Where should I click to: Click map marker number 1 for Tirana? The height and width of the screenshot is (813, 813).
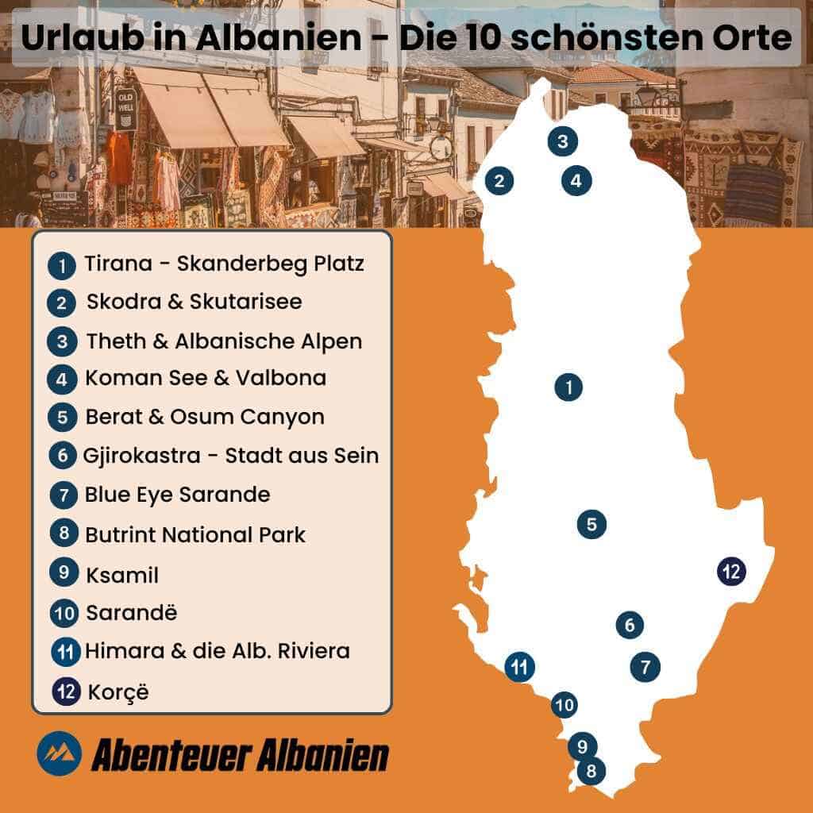tap(568, 387)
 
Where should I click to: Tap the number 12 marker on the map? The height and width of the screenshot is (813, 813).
tap(731, 571)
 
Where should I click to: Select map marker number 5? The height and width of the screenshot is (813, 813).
tap(591, 524)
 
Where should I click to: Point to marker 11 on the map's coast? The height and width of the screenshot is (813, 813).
tap(519, 666)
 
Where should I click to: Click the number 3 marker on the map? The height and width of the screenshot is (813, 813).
tap(562, 142)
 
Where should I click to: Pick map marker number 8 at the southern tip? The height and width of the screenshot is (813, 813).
tap(591, 770)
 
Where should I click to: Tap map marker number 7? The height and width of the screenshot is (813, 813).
tap(645, 666)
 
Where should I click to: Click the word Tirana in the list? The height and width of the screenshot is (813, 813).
tap(118, 264)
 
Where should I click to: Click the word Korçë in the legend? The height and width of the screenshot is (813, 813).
tap(119, 692)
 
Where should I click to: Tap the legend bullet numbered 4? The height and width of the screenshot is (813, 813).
tap(62, 379)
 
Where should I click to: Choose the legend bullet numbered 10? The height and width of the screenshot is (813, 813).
tap(64, 614)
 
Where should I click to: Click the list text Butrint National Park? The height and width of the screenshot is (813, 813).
tap(195, 535)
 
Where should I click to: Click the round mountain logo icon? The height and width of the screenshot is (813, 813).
tap(59, 752)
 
